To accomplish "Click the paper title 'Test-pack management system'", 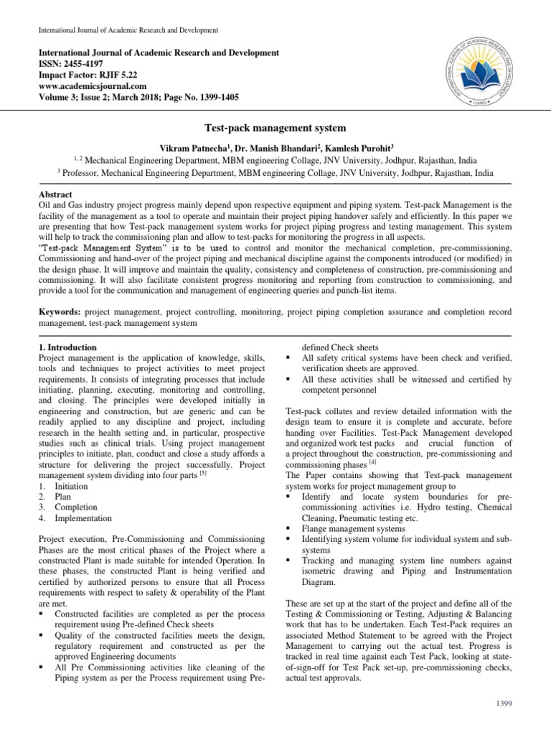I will pyautogui.click(x=275, y=126).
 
